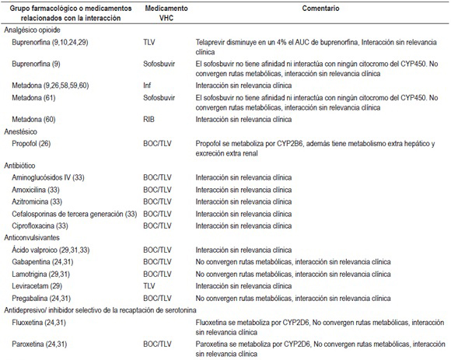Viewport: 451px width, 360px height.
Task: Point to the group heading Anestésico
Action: pos(23,131)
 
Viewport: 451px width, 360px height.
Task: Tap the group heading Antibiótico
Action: pos(22,166)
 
